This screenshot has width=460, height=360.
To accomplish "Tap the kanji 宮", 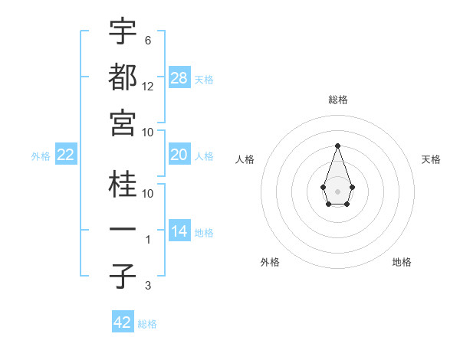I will tap(123, 123).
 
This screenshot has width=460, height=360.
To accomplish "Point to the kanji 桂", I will tap(123, 185).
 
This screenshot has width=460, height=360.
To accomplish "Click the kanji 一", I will tap(123, 230).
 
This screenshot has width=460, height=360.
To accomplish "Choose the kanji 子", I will tap(123, 277).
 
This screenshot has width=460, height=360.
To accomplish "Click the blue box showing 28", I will tap(179, 77).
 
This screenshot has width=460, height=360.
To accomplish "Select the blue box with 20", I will tap(179, 155).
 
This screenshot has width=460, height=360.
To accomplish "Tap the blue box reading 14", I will tap(179, 231).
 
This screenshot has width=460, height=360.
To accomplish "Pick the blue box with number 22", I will tap(66, 155).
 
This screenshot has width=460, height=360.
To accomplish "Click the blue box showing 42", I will tap(123, 322).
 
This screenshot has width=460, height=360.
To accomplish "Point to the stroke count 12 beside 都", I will tap(148, 86).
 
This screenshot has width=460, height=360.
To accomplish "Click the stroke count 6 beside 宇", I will tap(147, 40).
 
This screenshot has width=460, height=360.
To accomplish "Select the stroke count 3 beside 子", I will tap(147, 286).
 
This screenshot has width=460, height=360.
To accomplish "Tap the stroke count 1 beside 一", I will tap(148, 240).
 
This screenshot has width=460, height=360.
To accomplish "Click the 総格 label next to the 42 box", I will tap(147, 324).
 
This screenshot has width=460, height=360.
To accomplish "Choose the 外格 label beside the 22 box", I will tap(41, 156).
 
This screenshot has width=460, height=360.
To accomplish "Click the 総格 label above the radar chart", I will tap(337, 100).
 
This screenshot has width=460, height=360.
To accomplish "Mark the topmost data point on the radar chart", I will tap(337, 145).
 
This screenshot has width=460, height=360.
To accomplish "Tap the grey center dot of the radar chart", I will tap(337, 190).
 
